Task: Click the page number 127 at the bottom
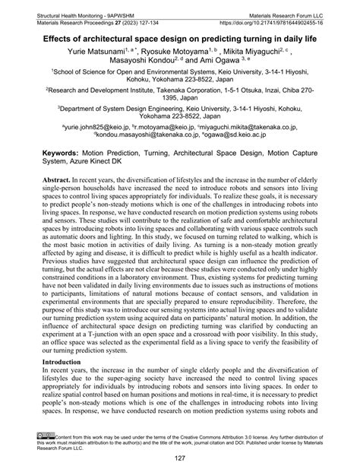pyautogui.click(x=180, y=457)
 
